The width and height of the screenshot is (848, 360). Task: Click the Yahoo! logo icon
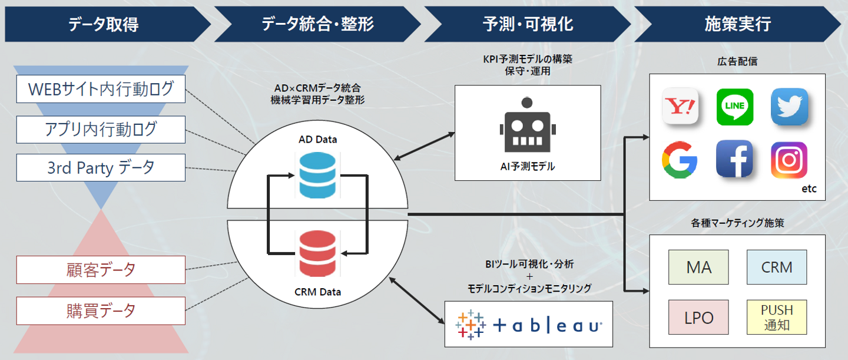coord(680,107)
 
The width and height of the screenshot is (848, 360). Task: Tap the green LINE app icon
coord(735,107)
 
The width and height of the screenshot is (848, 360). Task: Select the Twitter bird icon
coord(789,107)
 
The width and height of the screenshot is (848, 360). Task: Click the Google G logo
coord(680,160)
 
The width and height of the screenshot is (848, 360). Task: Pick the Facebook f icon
coord(734,160)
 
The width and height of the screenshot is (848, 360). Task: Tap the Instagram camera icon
coord(789,160)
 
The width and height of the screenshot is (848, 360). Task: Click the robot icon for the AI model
coord(527,125)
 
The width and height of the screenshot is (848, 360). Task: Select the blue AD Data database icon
coord(317,175)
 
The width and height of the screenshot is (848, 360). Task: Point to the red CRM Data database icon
coord(317,255)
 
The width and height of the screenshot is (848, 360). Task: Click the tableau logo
coord(528,323)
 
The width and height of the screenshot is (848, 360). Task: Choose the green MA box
coord(699,267)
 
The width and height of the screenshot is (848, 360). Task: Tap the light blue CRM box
coord(777,267)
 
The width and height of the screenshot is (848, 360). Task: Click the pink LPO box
coord(699,318)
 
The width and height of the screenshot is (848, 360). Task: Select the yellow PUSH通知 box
coord(777,317)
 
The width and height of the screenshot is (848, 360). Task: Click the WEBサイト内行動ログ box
coord(101,89)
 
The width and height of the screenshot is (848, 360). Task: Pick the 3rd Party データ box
coord(101,167)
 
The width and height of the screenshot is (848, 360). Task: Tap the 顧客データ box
coord(101,270)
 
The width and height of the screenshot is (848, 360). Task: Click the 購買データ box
coord(101,311)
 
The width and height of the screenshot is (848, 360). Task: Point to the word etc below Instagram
coord(809,190)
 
